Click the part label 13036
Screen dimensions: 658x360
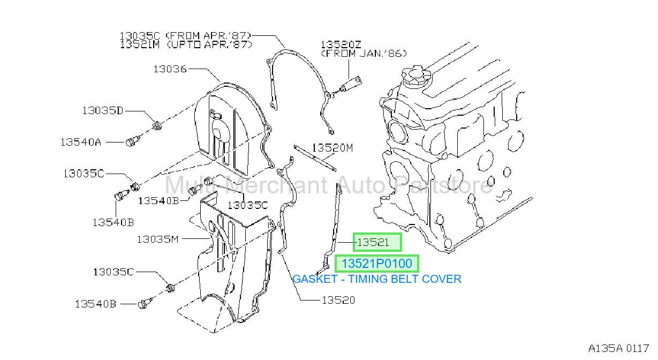tap(170, 69)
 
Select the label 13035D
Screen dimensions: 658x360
tap(102, 110)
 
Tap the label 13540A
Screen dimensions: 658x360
tap(81, 142)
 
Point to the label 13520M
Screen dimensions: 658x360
tap(332, 147)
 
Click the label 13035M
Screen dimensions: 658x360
tap(158, 239)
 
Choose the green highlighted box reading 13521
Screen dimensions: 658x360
tap(377, 242)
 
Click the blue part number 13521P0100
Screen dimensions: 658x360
tap(376, 264)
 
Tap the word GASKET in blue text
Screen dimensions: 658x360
tap(315, 279)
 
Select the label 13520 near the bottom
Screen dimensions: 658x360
tap(338, 300)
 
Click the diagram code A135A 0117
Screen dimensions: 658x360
tap(618, 348)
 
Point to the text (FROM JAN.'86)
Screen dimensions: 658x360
tap(364, 54)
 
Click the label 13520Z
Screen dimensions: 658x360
tap(341, 44)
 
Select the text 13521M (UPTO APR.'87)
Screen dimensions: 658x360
tap(186, 44)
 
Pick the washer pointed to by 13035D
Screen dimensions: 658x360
tap(157, 126)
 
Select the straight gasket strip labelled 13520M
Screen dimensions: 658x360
tap(315, 158)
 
